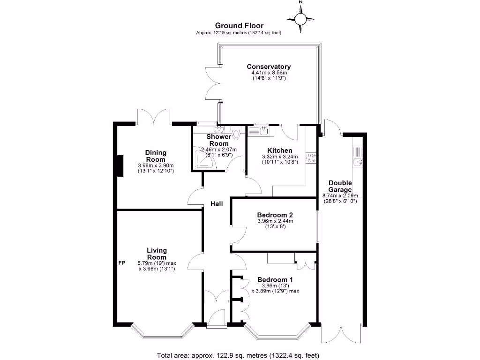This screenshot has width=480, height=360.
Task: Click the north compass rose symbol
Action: tap(300, 19)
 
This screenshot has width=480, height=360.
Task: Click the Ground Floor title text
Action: tap(239, 26)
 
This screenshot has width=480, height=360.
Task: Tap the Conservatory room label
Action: tap(269, 67)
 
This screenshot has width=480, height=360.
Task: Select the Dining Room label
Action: tap(156, 156)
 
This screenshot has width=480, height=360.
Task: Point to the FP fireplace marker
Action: tap(121, 262)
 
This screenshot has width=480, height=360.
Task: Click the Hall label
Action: tap(216, 204)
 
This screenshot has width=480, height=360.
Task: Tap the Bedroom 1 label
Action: tap(275, 279)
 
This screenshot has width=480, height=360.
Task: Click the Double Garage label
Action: tap(340, 186)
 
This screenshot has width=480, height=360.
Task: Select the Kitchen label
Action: tap(280, 150)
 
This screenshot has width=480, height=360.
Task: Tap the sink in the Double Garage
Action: tap(358, 162)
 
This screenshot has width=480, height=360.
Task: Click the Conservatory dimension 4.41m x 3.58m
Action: tap(269, 73)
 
